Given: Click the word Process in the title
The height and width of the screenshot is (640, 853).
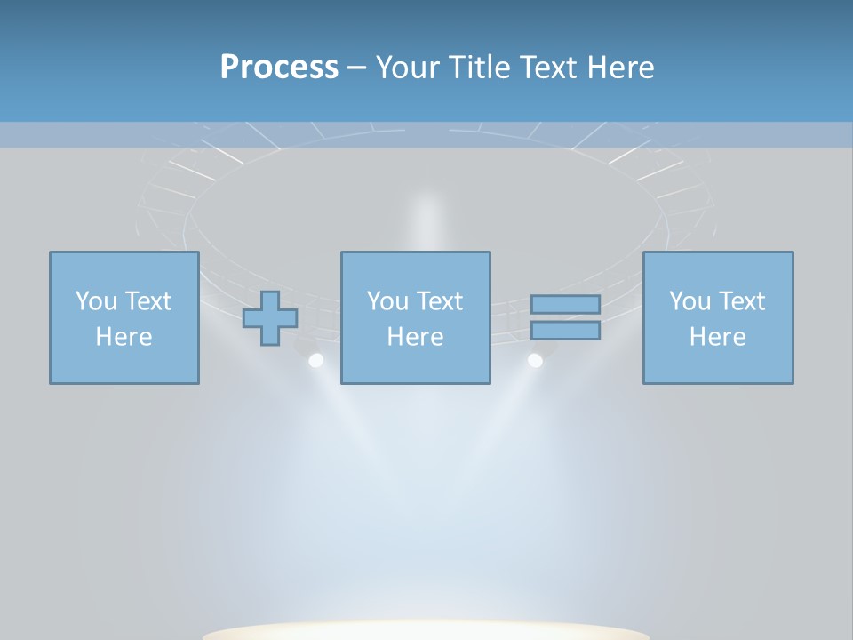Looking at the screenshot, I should tap(279, 67).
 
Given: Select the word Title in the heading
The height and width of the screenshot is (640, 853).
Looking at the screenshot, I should tap(476, 67).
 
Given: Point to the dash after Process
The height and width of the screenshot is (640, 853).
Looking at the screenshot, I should tap(357, 68).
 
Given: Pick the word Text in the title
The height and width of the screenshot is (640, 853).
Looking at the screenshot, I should tap(545, 67).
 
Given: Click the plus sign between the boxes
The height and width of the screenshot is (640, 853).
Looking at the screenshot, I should tap(270, 318).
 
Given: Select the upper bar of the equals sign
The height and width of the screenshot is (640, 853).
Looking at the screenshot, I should tap(565, 304).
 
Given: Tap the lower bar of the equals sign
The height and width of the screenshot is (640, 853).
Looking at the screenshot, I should tap(565, 331).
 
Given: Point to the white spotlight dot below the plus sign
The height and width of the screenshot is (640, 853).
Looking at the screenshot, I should tap(315, 360).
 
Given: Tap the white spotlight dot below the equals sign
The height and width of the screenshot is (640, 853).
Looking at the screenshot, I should tap(535, 360).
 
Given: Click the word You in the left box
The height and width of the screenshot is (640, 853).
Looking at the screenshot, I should tap(95, 300).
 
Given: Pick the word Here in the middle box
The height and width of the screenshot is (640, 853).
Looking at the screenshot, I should tap(416, 337).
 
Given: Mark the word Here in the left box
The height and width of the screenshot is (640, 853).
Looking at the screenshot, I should tap(124, 337).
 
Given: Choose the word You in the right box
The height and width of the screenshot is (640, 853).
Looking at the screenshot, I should tap(689, 300).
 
